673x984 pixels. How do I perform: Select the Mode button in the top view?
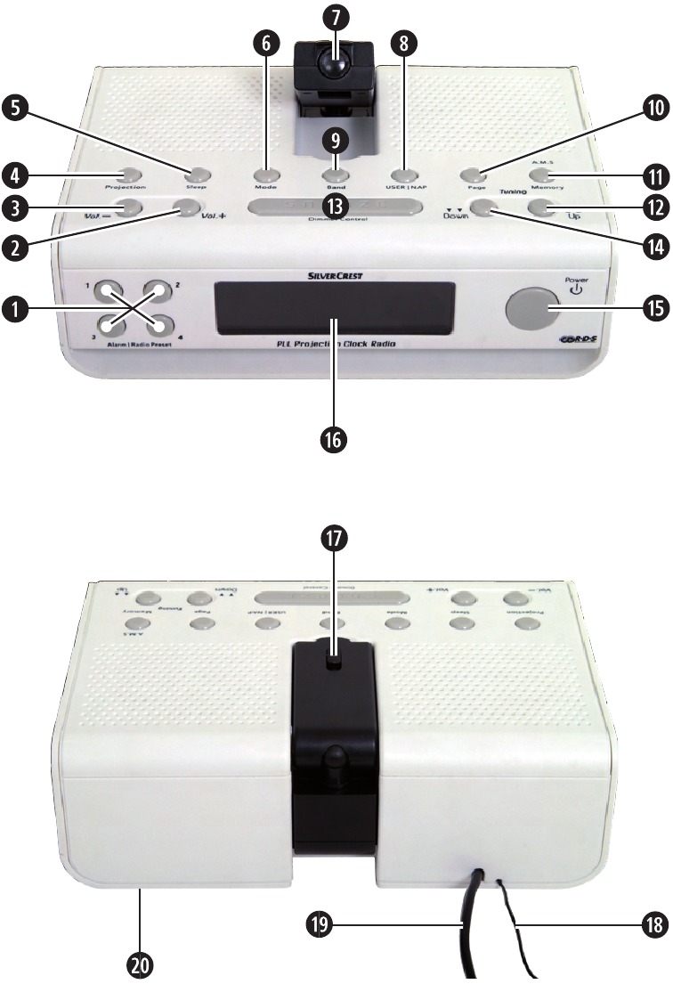tap(264, 175)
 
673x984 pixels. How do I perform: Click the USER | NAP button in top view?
tap(405, 175)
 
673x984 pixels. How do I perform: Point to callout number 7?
tap(336, 17)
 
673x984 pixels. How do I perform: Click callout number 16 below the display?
tap(336, 439)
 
